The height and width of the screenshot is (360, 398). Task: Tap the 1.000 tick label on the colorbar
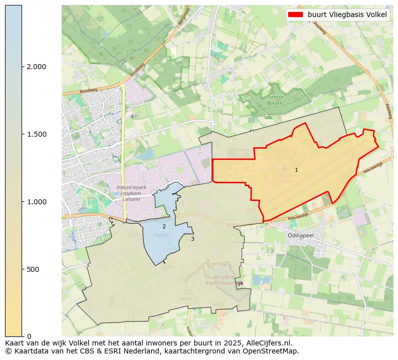click(36, 202)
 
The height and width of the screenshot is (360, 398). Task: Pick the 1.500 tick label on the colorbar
click(36, 134)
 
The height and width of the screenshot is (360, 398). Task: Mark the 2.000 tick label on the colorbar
click(36, 67)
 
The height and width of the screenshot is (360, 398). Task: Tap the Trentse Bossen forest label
click(275, 100)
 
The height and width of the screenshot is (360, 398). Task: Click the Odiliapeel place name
click(301, 235)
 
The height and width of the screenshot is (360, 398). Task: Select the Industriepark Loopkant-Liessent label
click(129, 193)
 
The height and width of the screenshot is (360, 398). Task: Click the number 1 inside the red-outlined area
click(296, 170)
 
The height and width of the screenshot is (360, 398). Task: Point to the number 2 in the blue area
click(164, 227)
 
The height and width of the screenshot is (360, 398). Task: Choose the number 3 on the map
click(192, 239)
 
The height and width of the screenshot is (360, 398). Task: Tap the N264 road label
click(232, 225)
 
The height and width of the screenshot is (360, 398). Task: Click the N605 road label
click(185, 299)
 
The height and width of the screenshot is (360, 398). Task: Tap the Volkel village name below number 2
click(162, 235)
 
